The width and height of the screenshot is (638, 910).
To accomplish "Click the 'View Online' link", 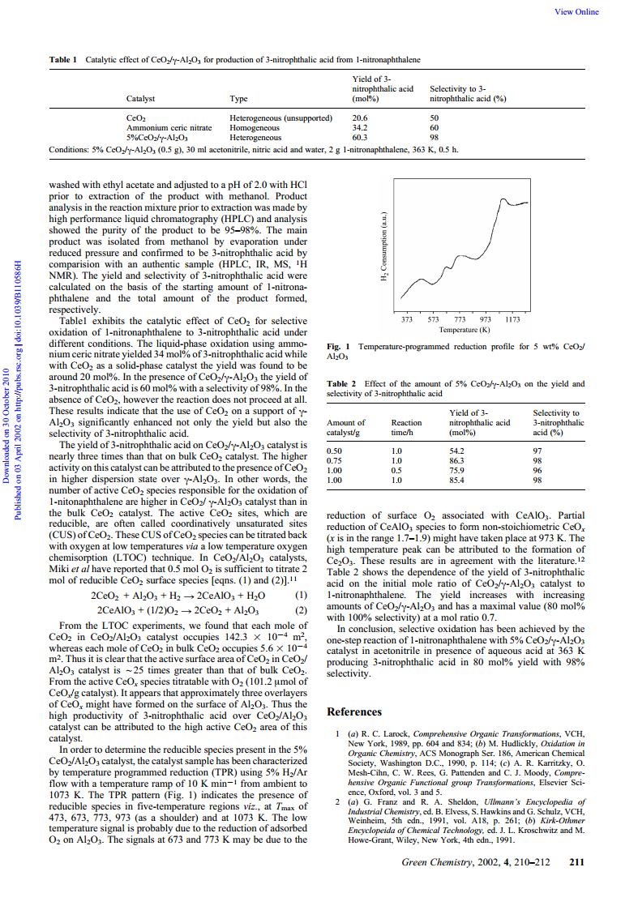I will pos(577,11).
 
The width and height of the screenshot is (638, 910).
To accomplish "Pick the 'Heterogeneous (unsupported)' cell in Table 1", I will pos(281,117).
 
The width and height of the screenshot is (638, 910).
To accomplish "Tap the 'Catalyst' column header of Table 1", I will pos(141,99).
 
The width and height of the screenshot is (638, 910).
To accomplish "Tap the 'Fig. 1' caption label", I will pos(337,346).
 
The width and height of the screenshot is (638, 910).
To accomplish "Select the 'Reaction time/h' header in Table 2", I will pos(406,427).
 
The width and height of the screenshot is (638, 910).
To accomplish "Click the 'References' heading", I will pos(353,711).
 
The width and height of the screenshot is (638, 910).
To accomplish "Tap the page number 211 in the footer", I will pos(576,885).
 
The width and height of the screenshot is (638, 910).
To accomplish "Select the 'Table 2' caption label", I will pos(341,384).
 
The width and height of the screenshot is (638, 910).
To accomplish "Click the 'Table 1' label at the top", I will pos(63,60).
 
